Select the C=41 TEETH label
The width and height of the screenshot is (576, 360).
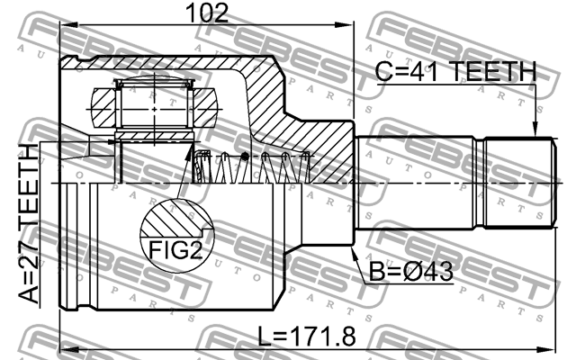click(x=457, y=72)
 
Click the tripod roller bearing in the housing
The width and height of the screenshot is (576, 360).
click(x=154, y=107)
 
